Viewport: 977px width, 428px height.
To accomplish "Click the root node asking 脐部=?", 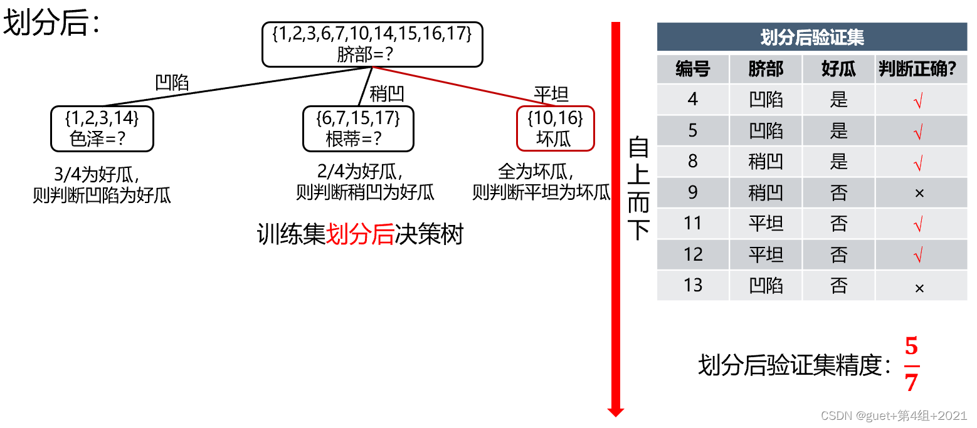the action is pos(372,44).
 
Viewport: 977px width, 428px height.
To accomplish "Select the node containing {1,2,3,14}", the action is pos(102,128).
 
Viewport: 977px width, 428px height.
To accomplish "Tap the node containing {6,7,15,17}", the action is pos(358,128).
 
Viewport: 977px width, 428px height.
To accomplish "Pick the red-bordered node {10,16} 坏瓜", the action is pos(555,128).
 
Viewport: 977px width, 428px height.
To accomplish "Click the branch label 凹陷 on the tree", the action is pos(172,83).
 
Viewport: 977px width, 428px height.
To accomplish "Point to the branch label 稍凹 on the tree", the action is pos(387,94).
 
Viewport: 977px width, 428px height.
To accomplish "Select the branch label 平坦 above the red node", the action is pos(551,95).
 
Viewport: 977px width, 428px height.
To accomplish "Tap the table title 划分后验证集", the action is pos(812,38).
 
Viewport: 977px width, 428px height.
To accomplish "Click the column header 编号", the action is pos(693,69).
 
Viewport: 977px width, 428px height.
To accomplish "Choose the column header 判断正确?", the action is pos(921,69).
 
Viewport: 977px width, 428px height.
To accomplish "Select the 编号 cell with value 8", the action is pos(693,162).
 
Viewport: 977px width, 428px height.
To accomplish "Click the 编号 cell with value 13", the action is pos(693,285).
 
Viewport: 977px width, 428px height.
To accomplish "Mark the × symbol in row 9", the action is pos(919,193).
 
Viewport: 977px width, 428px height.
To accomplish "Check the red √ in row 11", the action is pos(919,224).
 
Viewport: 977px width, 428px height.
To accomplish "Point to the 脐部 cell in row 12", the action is pos(766,254).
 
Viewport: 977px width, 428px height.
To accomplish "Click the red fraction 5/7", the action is pos(912,365).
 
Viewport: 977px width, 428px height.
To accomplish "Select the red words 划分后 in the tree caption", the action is pos(360,235).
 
